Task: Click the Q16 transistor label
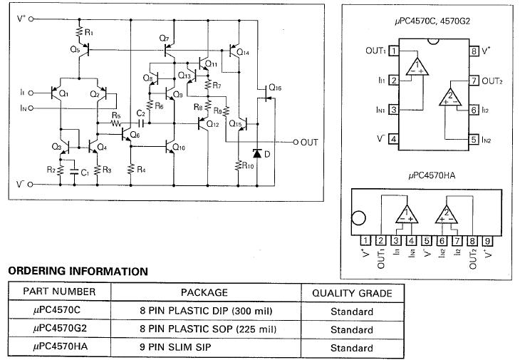pos(274,88)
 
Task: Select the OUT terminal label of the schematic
pos(309,142)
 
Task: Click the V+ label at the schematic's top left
pos(19,17)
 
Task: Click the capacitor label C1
pos(84,172)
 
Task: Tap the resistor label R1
pos(88,33)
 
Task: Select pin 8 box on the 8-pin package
pos(473,51)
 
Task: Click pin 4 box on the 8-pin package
pos(393,138)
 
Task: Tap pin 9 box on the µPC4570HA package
pos(487,240)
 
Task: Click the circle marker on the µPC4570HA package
pos(360,219)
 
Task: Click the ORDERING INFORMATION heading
pos(78,271)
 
